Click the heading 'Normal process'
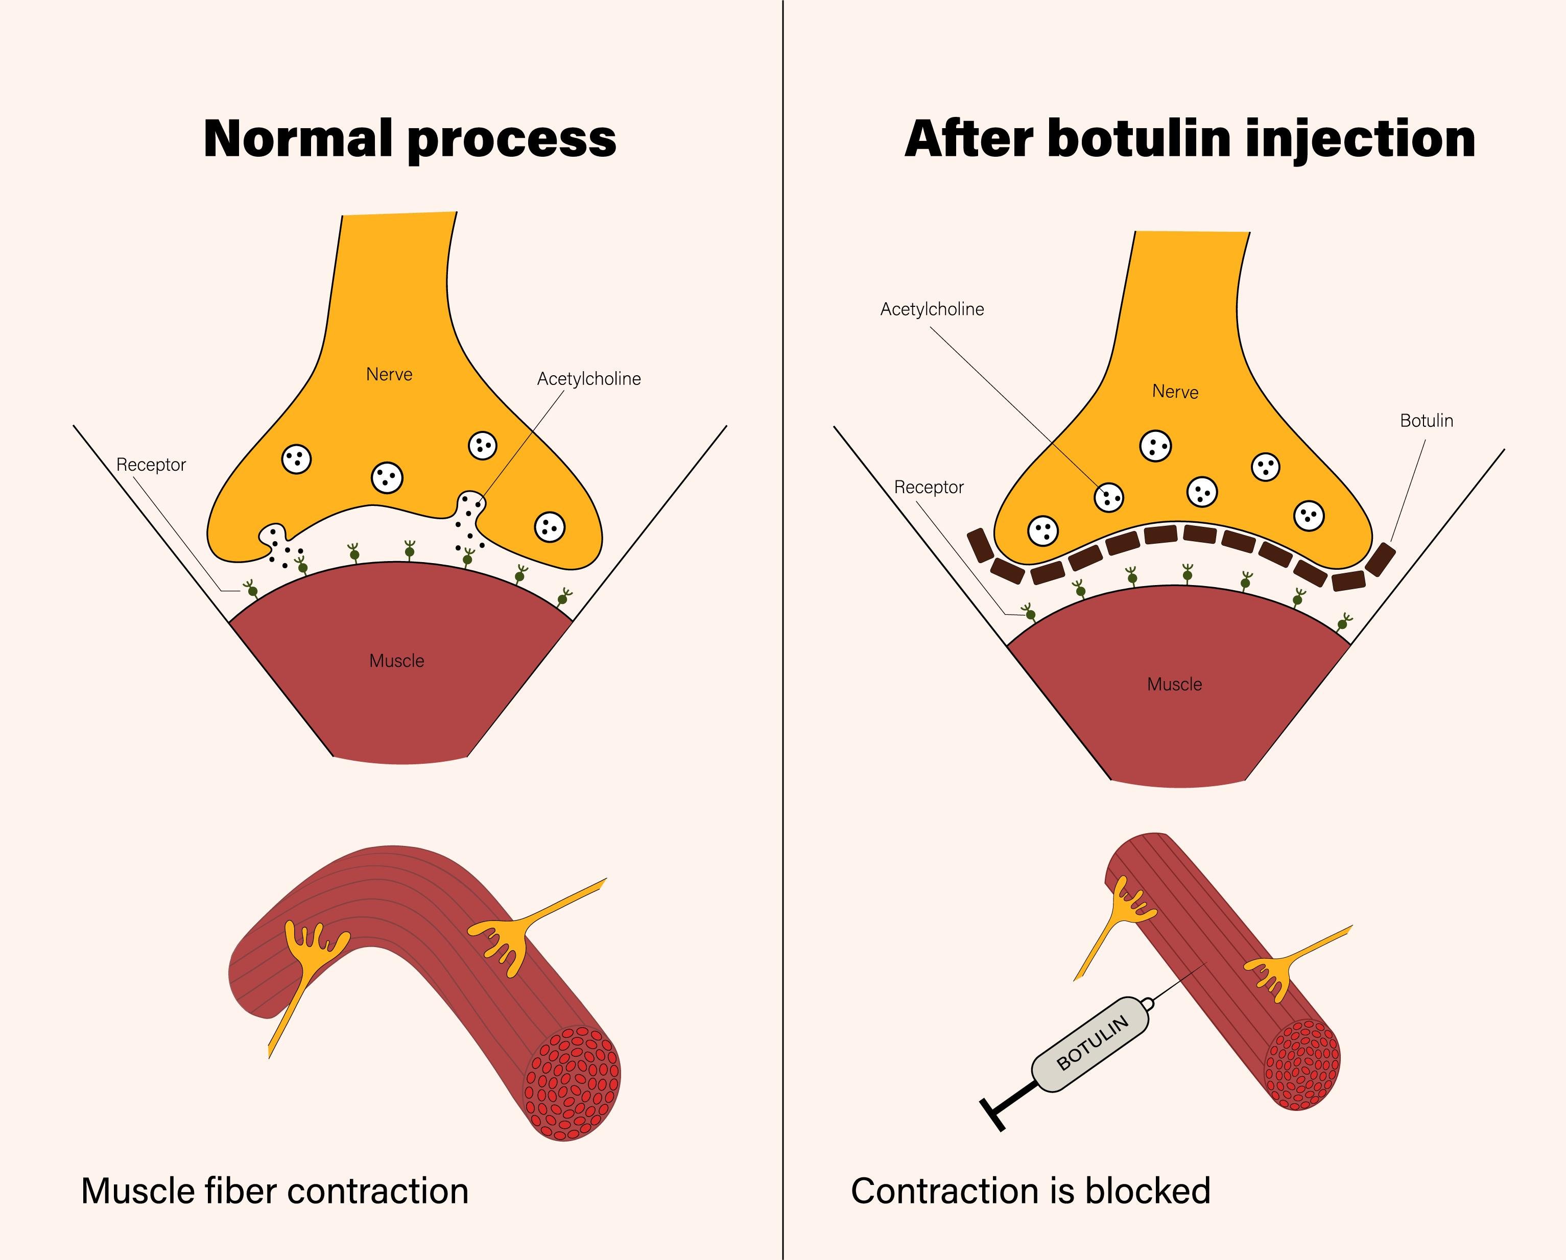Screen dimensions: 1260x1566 click(x=410, y=139)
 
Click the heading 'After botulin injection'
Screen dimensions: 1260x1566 click(x=1190, y=139)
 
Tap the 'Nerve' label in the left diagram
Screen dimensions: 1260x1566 click(x=389, y=375)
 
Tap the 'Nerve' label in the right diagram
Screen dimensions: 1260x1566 click(x=1175, y=392)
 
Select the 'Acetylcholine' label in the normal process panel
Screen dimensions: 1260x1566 click(x=589, y=379)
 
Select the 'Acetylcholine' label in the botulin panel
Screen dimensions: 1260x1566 click(x=932, y=309)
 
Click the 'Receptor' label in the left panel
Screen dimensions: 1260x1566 click(x=151, y=465)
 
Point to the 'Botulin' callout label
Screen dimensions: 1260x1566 click(x=1427, y=421)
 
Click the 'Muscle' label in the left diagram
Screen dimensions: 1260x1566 click(x=396, y=661)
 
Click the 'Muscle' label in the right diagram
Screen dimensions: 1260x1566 click(x=1175, y=684)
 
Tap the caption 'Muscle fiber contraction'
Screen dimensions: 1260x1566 click(x=275, y=1192)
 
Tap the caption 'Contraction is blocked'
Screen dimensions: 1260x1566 click(x=1030, y=1192)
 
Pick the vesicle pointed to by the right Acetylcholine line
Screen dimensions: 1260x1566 click(x=1108, y=497)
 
